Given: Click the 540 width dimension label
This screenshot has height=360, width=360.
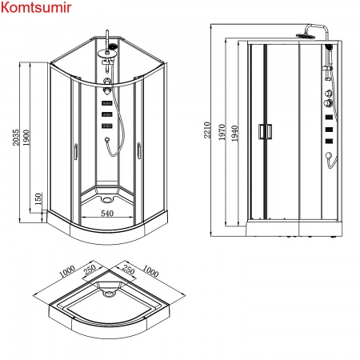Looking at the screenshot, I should [x=106, y=214].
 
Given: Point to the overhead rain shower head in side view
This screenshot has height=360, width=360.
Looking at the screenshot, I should [x=305, y=34].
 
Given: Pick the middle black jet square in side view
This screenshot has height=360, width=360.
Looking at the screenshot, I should [x=329, y=127].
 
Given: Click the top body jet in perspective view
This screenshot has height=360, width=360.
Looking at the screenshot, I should [x=106, y=101].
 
